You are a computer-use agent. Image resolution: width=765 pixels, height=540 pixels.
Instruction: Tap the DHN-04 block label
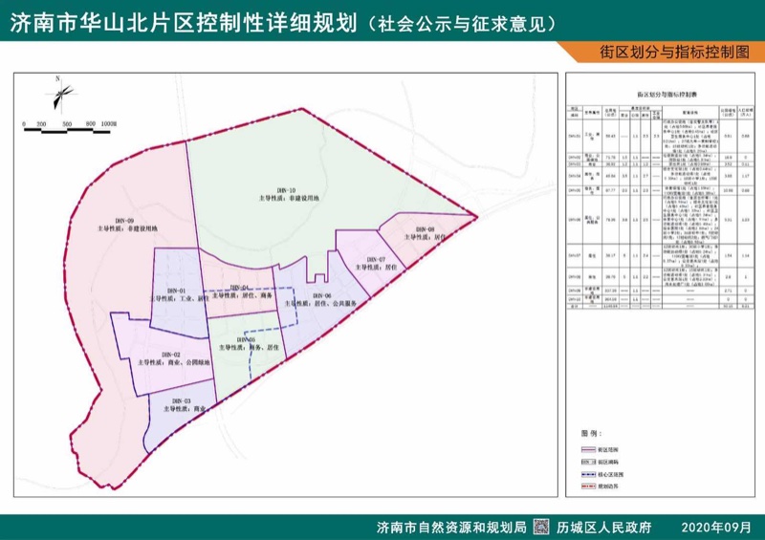(239, 289)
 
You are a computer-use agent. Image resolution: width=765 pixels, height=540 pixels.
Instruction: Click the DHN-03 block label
(183, 401)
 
